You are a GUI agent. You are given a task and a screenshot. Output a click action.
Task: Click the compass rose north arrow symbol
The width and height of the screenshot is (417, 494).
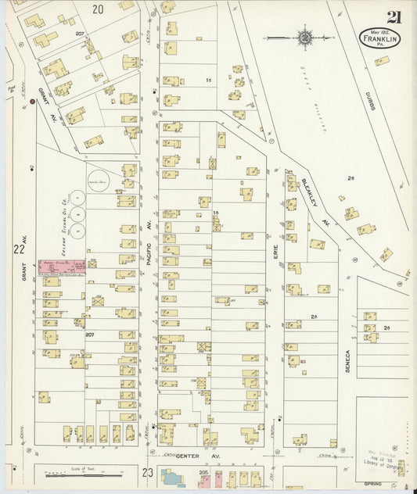pyautogui.click(x=304, y=36)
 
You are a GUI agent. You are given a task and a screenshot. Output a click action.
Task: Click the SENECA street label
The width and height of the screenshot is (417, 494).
pyautogui.click(x=350, y=360)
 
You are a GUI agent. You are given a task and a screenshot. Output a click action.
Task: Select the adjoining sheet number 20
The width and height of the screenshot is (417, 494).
pyautogui.click(x=97, y=9)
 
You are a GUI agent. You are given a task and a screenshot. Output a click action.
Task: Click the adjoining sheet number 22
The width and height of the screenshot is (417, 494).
pyautogui.click(x=19, y=249)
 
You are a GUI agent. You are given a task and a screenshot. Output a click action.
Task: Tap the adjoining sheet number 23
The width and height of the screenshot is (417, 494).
pyautogui.click(x=147, y=471)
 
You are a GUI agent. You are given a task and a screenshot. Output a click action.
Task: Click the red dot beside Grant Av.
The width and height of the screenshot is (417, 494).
pyautogui.click(x=32, y=102)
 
